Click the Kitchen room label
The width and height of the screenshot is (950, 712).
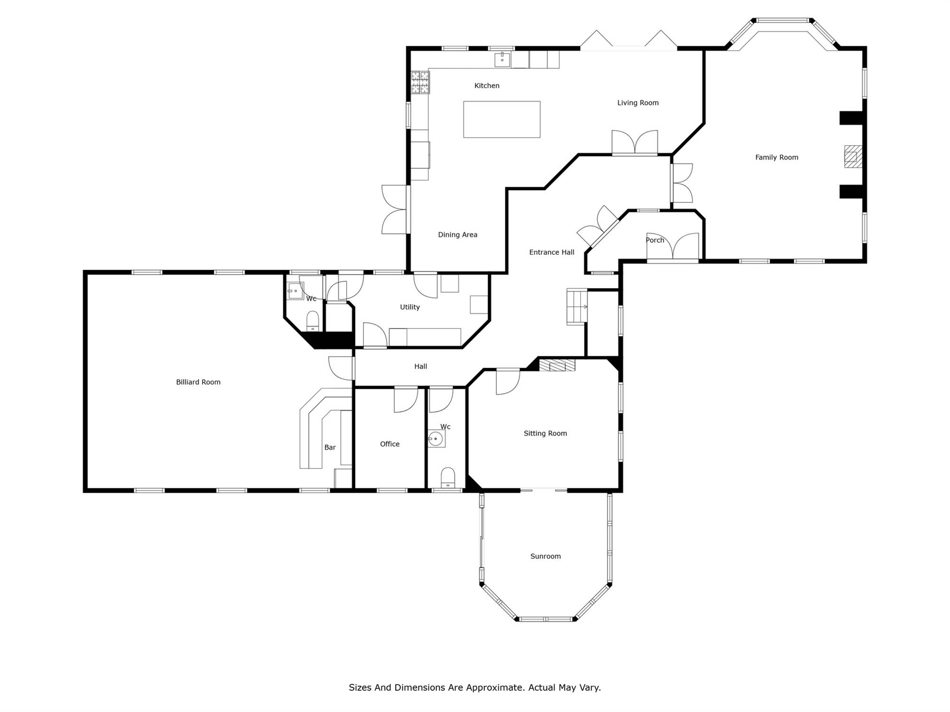coord(487,86)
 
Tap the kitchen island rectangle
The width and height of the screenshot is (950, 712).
coord(502,119)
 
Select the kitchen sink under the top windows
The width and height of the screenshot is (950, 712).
coord(502,60)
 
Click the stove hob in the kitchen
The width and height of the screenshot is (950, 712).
coord(420,82)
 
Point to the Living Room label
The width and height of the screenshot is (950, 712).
coord(638,103)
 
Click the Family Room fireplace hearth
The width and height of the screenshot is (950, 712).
coord(853,156)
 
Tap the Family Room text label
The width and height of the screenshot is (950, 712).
coord(777,158)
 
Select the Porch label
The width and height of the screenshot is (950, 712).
coord(655,240)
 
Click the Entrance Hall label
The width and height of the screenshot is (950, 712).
coord(552,253)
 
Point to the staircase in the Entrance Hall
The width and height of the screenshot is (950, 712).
coord(577,307)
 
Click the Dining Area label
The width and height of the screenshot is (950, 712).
coord(457,235)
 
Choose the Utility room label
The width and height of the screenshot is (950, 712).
coord(410,308)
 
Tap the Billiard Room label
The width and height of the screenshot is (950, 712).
coord(198,382)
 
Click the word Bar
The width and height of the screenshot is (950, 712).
coord(330,448)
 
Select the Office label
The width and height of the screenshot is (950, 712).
coord(389,444)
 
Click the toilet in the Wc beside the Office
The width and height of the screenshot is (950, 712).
coord(448,478)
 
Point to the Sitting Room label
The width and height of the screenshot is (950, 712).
coord(545,433)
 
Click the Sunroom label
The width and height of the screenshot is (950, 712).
coord(545,556)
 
